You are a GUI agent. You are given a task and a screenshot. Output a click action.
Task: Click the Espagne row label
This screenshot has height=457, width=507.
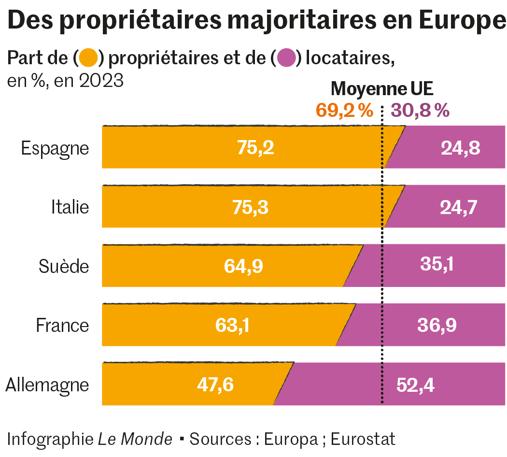tap(55, 148)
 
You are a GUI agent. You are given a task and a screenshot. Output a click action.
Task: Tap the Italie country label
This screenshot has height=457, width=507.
tap(70, 207)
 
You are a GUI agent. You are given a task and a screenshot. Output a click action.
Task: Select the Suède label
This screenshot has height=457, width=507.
tap(64, 266)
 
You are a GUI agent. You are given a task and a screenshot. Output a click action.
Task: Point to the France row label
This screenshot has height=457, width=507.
tap(62, 325)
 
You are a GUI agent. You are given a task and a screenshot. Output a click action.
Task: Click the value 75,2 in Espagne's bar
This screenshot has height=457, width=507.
tap(255, 148)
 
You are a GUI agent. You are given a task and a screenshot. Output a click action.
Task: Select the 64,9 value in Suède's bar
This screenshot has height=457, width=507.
tap(243, 266)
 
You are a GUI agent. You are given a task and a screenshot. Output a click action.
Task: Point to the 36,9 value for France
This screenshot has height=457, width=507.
tap(437, 325)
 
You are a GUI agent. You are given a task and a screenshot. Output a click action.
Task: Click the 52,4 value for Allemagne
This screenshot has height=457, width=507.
tap(415, 385)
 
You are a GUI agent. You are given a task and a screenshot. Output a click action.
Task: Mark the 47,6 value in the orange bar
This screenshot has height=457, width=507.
tap(215, 385)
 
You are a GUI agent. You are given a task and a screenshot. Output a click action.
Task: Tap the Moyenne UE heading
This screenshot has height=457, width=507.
tap(382, 89)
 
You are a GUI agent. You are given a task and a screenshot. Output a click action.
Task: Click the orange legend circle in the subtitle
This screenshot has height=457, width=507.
tap(89, 58)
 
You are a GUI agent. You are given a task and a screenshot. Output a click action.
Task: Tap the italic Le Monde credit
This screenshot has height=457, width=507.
tap(135, 439)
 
